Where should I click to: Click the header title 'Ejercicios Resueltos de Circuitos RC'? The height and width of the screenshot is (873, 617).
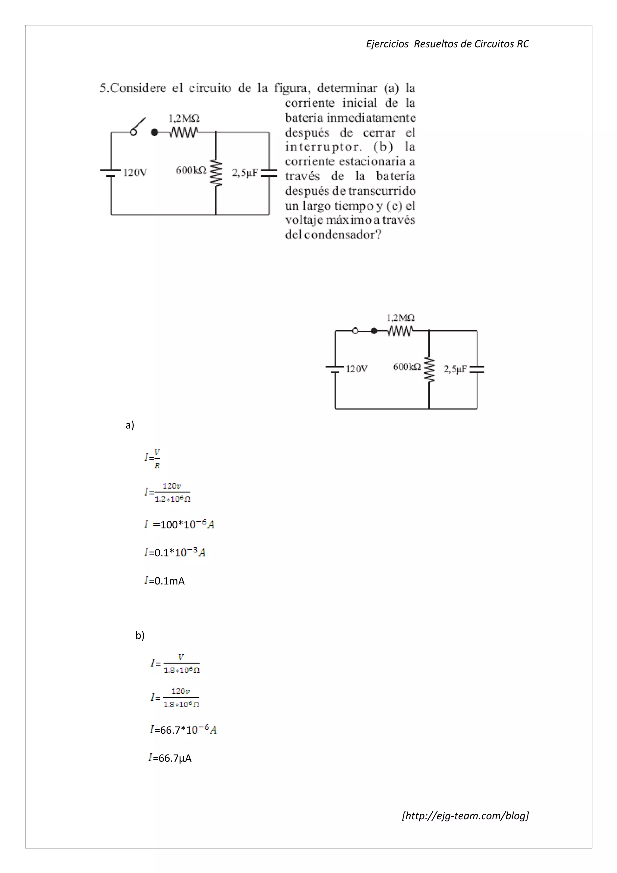[x=447, y=44]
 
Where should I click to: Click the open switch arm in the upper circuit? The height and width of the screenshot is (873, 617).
[x=139, y=125]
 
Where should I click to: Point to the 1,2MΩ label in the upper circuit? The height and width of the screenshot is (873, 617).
[x=184, y=118]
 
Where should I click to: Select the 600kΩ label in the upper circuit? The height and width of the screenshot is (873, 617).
[x=191, y=170]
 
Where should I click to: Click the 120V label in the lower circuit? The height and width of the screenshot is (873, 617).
[x=356, y=369]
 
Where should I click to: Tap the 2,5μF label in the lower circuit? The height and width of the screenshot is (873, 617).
[x=455, y=369]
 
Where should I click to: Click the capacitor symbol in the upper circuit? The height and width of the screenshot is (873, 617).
[x=269, y=173]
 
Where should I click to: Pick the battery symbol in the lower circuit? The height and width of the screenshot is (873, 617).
[x=335, y=369]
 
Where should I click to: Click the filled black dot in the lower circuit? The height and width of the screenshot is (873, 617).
[x=374, y=331]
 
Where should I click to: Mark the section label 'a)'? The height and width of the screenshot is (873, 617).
[x=130, y=425]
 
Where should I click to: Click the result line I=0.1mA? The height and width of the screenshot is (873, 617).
[x=164, y=581]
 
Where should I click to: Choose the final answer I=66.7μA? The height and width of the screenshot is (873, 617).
[x=170, y=758]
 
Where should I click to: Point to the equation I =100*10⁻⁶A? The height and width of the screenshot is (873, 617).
[x=179, y=524]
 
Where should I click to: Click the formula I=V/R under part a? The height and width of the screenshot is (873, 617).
[x=152, y=458]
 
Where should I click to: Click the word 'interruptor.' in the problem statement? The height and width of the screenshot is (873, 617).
[x=323, y=147]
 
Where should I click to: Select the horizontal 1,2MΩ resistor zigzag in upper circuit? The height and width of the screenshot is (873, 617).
[x=183, y=132]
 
